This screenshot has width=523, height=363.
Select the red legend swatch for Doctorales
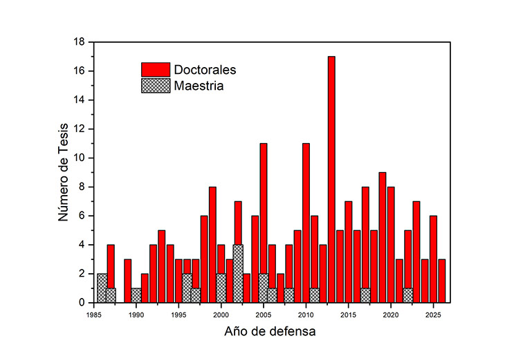point(156,70)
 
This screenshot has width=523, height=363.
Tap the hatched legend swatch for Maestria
point(156,86)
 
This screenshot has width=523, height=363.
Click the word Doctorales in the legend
point(205,70)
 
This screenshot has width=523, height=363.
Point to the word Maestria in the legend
point(199,86)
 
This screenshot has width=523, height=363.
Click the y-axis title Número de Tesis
point(64,173)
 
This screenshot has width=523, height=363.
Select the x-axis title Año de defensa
point(270,331)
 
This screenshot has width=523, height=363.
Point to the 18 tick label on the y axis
point(79,42)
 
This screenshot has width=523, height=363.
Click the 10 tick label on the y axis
point(79,158)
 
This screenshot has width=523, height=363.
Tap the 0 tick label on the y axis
point(82,303)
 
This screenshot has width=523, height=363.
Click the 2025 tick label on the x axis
point(433,313)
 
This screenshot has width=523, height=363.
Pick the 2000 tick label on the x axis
point(221,313)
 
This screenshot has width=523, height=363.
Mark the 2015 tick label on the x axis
point(348,313)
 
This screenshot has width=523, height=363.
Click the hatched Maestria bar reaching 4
point(238,274)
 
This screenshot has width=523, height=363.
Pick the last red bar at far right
point(442,281)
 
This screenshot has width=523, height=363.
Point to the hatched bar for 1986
point(102,288)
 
